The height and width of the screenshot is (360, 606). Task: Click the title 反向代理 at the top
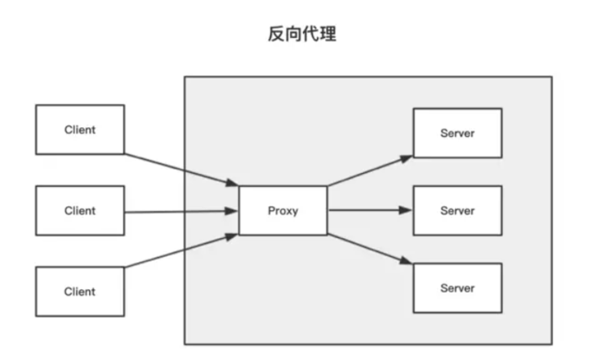(x=301, y=37)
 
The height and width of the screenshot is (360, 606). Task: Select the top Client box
(x=80, y=130)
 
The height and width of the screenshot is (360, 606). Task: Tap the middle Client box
(x=80, y=210)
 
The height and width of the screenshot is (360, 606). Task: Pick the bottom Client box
(x=80, y=291)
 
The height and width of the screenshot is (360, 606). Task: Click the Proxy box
(x=283, y=210)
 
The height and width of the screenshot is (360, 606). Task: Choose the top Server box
(x=457, y=133)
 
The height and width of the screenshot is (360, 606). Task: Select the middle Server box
(x=457, y=210)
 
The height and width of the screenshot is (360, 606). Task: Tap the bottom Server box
(x=457, y=286)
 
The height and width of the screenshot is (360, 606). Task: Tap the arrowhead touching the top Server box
(x=408, y=157)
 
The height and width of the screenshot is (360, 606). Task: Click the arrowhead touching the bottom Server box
(x=408, y=263)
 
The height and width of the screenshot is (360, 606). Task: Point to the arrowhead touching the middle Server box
(x=408, y=210)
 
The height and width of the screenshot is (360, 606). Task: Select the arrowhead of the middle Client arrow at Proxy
(x=233, y=210)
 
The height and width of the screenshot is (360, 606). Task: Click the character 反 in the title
(x=275, y=37)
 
